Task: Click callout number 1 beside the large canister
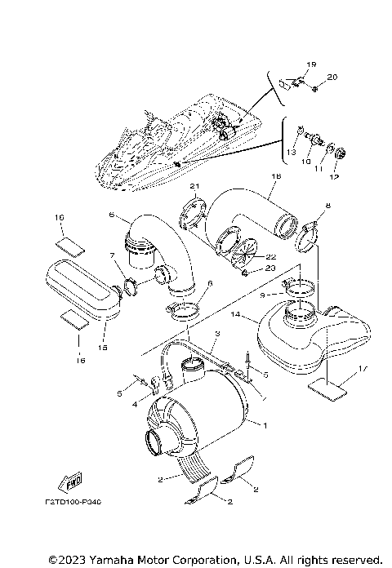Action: tap(264, 425)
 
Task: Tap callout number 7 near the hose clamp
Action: tap(114, 255)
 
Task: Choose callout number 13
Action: tap(292, 151)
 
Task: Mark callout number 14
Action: tap(234, 313)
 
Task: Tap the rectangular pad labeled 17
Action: tap(328, 391)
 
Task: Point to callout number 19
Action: tap(310, 64)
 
